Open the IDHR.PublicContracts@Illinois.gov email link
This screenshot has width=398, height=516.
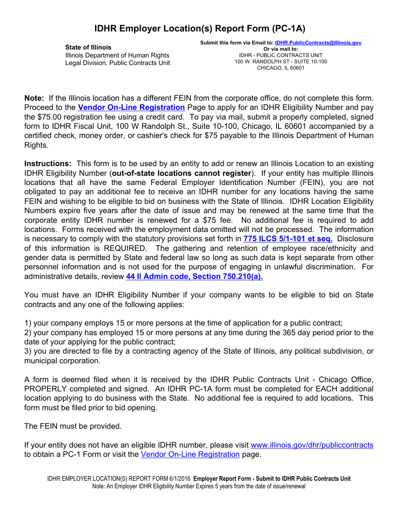coord(318,43)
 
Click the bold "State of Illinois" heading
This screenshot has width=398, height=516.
coord(88,47)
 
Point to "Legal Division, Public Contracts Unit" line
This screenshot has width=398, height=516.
coord(117,63)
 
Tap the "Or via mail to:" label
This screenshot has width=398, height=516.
coord(281,49)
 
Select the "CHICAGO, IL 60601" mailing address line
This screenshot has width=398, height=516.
coord(281,68)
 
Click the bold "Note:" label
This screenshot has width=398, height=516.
coord(34,98)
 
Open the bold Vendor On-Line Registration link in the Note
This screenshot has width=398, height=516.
coord(131,107)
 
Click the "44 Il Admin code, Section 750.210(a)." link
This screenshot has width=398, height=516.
coord(194,276)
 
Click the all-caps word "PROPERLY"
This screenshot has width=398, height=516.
coord(45,389)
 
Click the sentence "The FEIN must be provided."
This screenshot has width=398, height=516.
coord(73,426)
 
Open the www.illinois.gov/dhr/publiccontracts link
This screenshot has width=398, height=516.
coord(312,445)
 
